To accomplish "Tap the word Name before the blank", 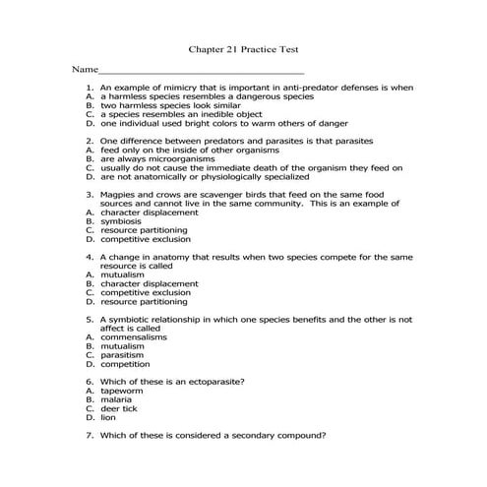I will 84,71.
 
